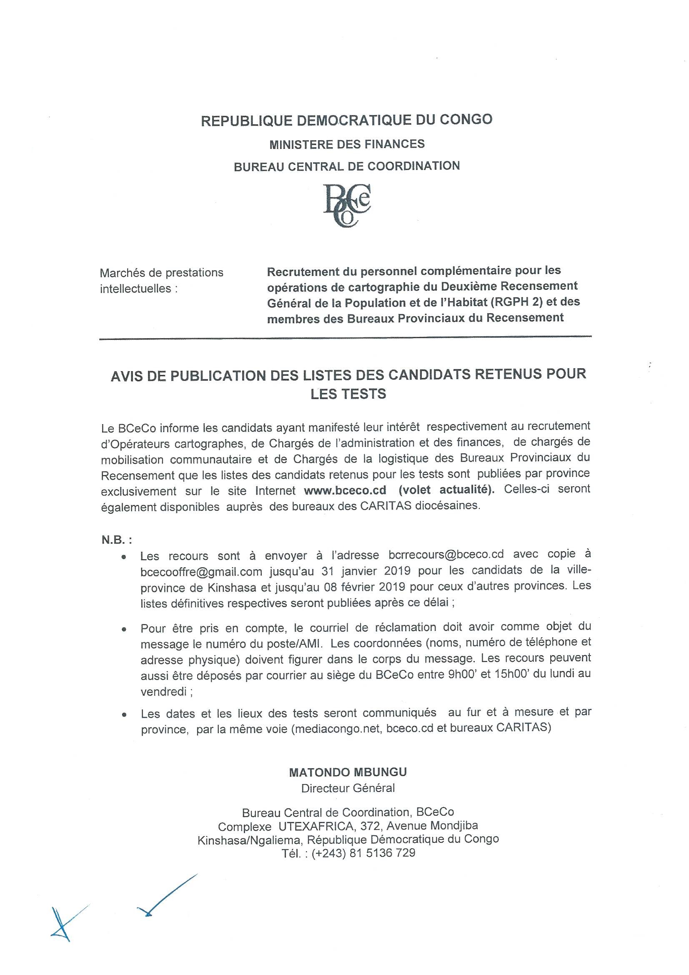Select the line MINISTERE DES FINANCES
pos(347,144)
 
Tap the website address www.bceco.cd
pos(345,490)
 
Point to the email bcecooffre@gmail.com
pos(201,572)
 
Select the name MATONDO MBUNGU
pos(348,772)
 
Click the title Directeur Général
pos(348,788)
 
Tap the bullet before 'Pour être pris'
pos(123,631)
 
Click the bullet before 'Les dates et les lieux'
pos(123,715)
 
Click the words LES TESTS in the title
pos(348,394)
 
